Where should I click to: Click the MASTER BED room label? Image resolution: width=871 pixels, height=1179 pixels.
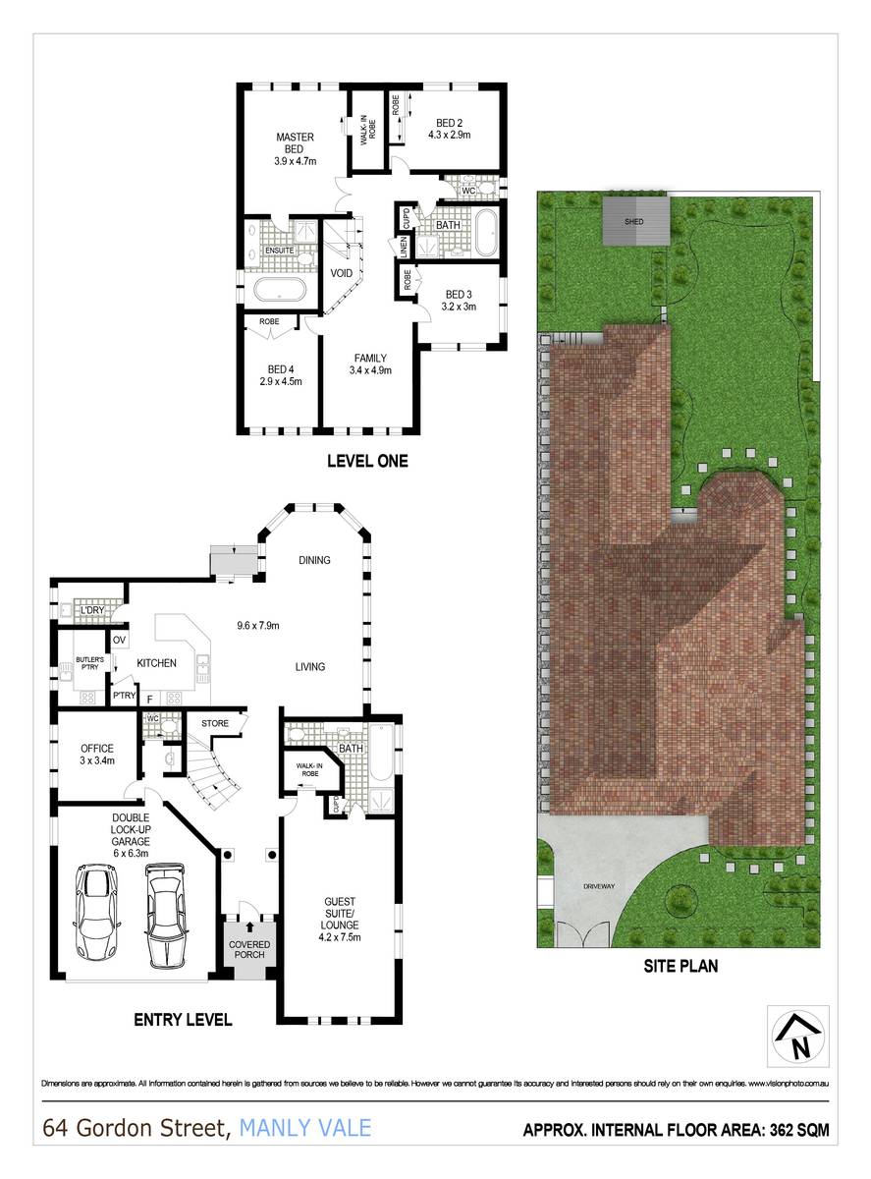[295, 141]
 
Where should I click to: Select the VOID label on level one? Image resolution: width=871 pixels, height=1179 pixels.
[341, 273]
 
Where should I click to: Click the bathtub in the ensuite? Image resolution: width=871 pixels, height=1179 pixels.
[280, 291]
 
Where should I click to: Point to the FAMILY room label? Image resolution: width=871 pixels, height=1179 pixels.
[369, 358]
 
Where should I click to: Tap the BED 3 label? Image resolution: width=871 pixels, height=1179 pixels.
[460, 294]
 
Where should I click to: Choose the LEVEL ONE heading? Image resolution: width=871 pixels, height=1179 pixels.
[367, 460]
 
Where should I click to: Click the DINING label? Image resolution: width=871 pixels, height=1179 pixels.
[314, 560]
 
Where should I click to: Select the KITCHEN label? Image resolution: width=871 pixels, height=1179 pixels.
[156, 663]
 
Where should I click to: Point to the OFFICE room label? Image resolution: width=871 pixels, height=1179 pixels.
[97, 749]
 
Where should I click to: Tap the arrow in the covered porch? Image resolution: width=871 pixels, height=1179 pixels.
[248, 926]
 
